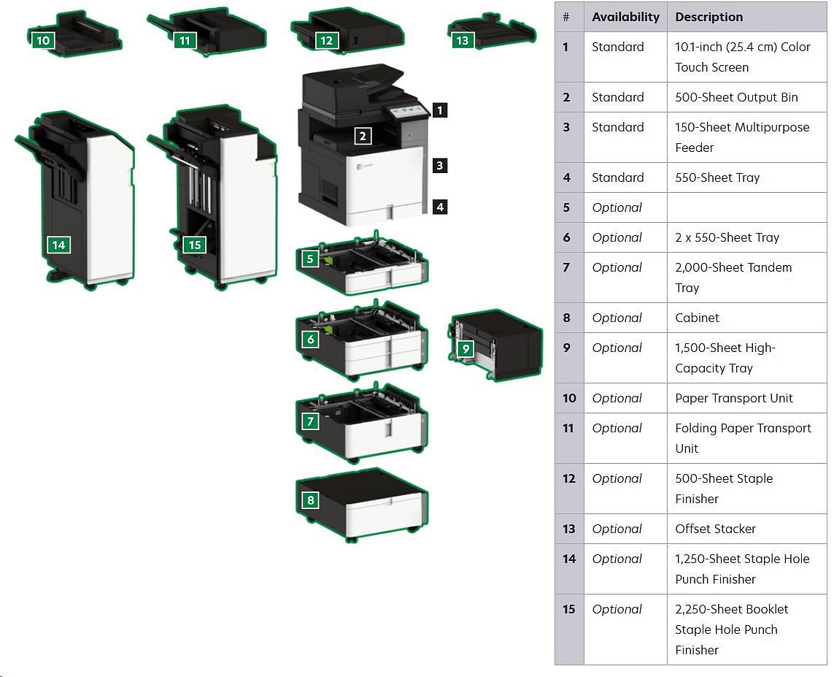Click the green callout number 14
58,245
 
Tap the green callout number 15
194,245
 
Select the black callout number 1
439,110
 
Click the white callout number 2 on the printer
363,135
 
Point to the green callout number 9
466,349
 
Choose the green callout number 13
462,41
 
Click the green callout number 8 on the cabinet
311,500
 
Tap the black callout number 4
439,207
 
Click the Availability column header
625,17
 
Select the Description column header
708,17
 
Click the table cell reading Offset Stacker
715,529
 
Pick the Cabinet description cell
697,318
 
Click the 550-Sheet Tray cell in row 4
717,177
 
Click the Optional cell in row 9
617,348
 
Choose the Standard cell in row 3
617,127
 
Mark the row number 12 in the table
569,478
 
